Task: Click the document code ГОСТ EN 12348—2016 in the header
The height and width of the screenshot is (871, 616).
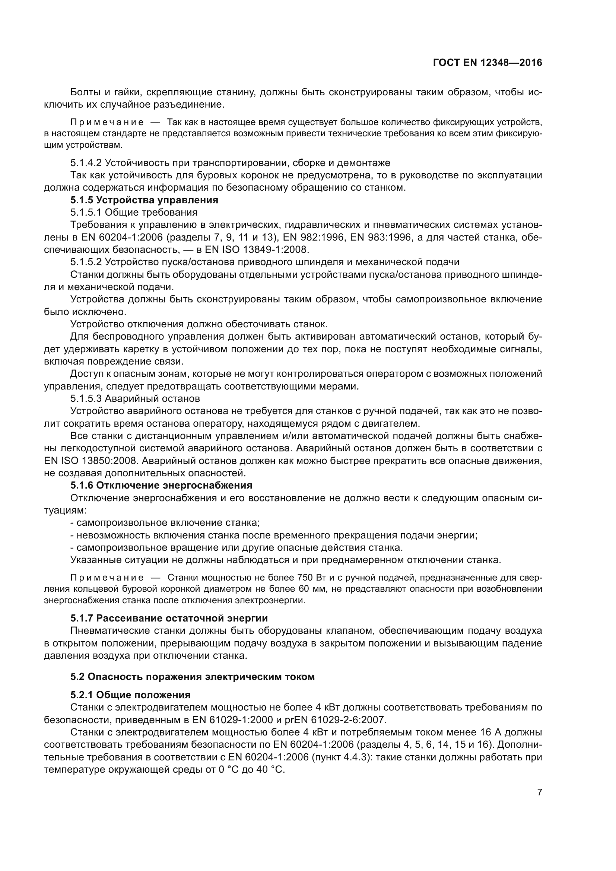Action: [488, 63]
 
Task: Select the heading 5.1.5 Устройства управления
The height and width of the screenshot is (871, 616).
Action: [144, 200]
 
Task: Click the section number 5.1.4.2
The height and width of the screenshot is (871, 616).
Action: [86, 163]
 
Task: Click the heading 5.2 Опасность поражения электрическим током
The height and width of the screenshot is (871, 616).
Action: [192, 676]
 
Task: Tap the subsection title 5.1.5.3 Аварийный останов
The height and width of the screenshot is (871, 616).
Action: [135, 398]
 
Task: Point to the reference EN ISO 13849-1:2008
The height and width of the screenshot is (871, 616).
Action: [257, 249]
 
